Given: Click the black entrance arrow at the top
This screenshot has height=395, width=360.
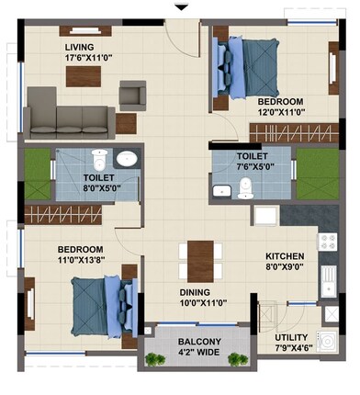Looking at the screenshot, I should coord(181,7).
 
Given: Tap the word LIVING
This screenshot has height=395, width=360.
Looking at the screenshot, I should coord(80,46).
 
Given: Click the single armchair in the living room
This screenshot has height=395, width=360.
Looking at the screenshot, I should coord(133,94).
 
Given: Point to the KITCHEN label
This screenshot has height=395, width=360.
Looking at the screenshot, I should coord(284,256).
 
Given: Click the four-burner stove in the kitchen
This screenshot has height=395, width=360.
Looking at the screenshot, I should coord(327,243).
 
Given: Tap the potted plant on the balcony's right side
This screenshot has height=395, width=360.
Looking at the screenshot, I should coord(239,357).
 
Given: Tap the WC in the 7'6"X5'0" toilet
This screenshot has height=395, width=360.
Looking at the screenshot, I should coord(243,188).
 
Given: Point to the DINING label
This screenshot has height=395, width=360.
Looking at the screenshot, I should coord(197,292).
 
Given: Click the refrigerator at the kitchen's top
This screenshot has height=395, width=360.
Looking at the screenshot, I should coord(266,216).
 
